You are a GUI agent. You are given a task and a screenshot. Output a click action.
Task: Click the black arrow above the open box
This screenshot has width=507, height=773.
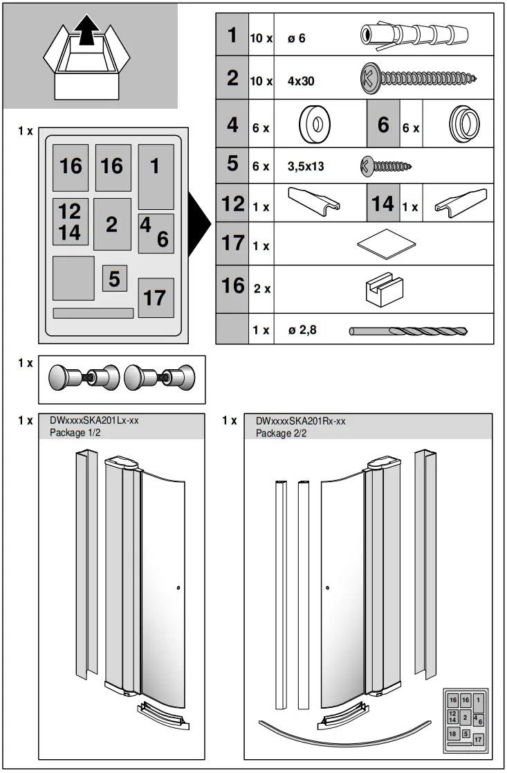(x=86, y=31)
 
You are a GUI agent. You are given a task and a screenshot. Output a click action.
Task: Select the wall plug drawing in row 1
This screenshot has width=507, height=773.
(x=414, y=35)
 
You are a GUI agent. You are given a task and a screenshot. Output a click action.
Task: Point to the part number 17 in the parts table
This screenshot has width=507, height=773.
(x=232, y=244)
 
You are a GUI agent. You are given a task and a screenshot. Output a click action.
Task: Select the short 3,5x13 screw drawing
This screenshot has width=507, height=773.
(x=385, y=166)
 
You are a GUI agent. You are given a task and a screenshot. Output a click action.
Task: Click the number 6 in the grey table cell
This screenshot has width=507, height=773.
(x=383, y=125)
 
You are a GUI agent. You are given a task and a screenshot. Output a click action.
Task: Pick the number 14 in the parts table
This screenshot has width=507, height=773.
(x=382, y=204)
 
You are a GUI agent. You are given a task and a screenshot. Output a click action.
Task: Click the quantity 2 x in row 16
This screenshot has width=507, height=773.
(x=261, y=289)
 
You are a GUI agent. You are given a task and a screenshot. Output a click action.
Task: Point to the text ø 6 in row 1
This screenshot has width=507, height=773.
(x=296, y=39)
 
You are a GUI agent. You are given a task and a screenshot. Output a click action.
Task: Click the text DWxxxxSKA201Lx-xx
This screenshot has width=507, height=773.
(x=98, y=420)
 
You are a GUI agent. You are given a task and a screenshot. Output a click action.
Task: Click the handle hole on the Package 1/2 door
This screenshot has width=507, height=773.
(x=179, y=588)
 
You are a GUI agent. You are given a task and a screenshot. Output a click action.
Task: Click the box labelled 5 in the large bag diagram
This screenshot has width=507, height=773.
(x=114, y=278)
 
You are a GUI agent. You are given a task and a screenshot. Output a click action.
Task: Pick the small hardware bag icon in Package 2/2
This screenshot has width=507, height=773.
(x=465, y=720)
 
